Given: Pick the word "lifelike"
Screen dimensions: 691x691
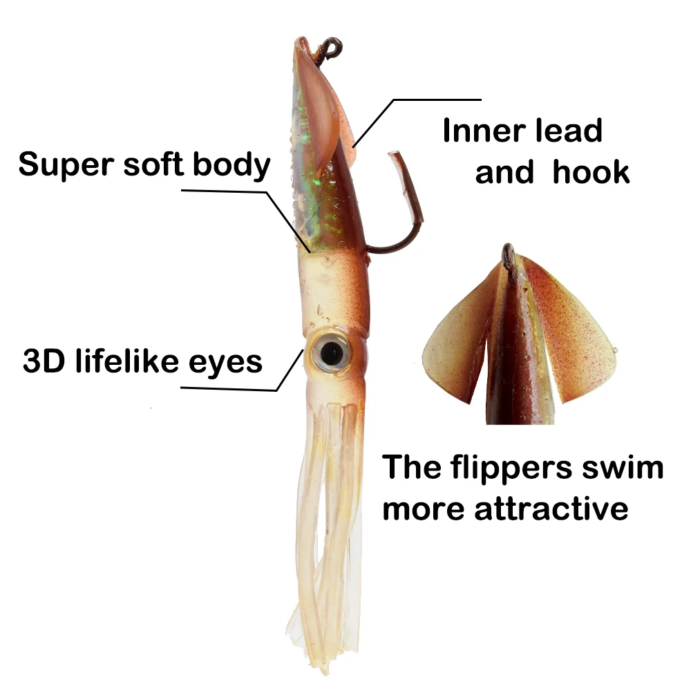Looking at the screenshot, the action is click(x=127, y=361).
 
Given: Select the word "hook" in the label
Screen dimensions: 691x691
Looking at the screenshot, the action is click(x=591, y=171).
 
